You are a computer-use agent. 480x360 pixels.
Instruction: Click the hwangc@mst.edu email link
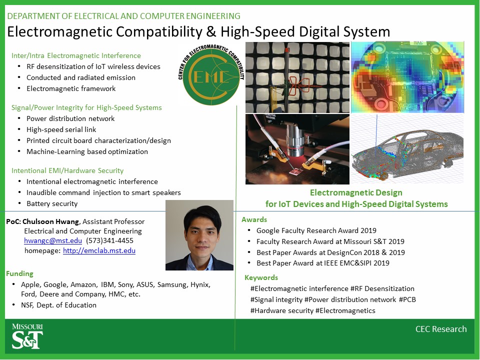53,240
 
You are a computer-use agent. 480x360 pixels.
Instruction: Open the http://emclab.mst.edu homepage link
99,250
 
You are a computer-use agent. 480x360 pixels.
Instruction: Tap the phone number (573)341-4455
109,240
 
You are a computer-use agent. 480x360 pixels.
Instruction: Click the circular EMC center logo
211,75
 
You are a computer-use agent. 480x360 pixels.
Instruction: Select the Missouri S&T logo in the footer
27,336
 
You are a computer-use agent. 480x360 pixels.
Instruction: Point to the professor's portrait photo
199,235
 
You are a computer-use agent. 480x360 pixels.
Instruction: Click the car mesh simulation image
407,149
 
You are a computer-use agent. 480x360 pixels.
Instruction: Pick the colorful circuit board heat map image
407,77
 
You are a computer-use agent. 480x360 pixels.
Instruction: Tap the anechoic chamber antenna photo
297,77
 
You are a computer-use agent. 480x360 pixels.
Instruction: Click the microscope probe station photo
297,149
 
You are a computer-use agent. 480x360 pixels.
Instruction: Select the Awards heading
254,219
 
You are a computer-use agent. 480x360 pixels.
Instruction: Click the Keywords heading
261,277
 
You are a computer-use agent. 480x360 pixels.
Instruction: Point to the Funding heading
19,273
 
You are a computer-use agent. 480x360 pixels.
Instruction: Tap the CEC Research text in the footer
441,329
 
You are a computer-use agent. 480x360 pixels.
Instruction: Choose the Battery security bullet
52,203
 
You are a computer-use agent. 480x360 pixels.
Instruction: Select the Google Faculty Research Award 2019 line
316,230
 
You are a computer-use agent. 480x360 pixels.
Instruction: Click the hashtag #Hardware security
282,310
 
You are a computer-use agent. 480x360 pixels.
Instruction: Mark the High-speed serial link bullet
61,130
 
